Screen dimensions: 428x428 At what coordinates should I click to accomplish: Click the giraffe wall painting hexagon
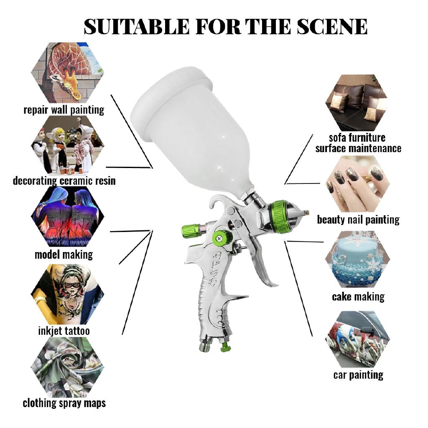[67, 72]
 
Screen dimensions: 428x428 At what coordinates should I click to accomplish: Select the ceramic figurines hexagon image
[67, 145]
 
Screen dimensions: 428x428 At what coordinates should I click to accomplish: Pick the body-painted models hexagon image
[67, 217]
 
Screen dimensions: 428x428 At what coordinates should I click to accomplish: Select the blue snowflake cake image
[357, 259]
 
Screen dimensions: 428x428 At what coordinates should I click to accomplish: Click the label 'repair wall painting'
[64, 110]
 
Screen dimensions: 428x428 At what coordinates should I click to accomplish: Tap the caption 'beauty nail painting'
[358, 219]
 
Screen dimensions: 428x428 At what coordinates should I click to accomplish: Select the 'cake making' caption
[358, 297]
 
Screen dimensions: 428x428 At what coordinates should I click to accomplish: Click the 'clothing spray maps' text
[64, 403]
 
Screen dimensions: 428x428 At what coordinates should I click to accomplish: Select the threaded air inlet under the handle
[206, 345]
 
